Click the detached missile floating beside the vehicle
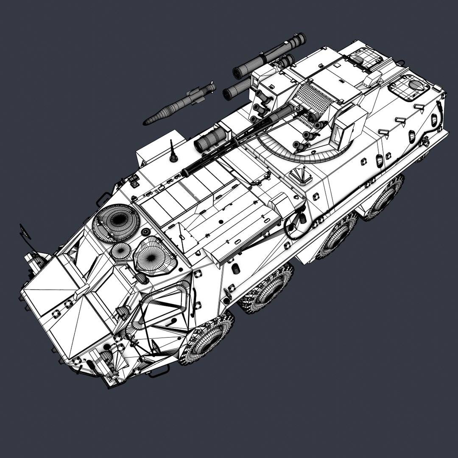[x=180, y=104]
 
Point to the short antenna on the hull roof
[x=173, y=151]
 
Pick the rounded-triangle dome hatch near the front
[x=155, y=256]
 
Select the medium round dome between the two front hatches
[x=121, y=251]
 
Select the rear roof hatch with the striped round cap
[x=409, y=87]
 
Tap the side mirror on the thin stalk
[x=25, y=232]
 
